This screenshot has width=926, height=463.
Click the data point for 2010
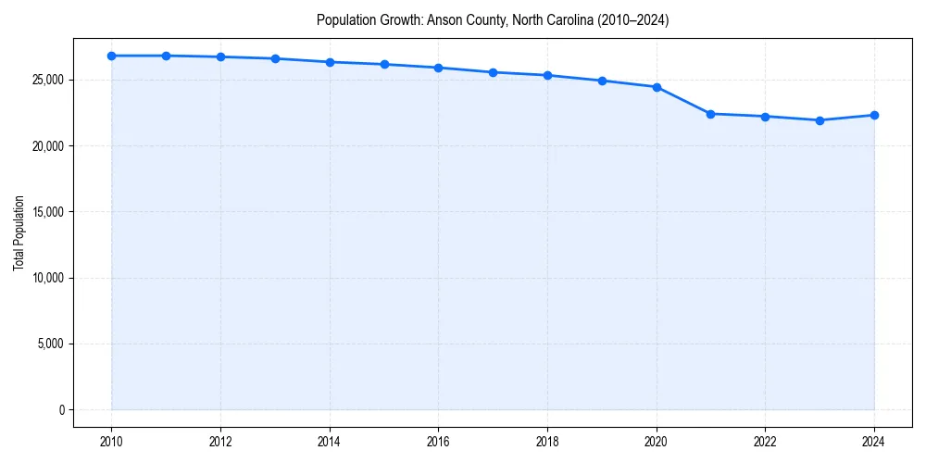point(111,56)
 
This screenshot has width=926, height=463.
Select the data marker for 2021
point(710,114)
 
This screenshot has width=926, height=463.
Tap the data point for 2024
point(874,115)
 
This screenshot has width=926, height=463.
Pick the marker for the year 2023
point(820,120)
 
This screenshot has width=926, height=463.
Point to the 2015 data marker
point(384,64)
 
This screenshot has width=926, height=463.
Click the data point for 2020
point(657,87)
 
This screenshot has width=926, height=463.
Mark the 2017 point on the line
point(493,72)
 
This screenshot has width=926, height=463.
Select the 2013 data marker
point(275,58)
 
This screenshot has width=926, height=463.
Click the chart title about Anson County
point(493,19)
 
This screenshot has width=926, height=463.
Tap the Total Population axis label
point(19,232)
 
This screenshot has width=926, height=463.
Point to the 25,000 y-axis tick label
point(47,80)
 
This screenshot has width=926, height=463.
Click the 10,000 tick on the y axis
point(47,278)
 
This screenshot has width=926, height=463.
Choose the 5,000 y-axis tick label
point(50,344)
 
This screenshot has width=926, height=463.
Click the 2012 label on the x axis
point(220,442)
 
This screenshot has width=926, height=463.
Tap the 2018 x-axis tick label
point(547,442)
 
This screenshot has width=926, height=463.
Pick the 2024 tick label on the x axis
point(874,442)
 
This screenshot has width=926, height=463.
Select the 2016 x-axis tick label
point(438,442)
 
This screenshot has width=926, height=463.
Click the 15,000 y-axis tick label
point(47,212)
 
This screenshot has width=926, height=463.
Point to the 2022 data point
point(765,117)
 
